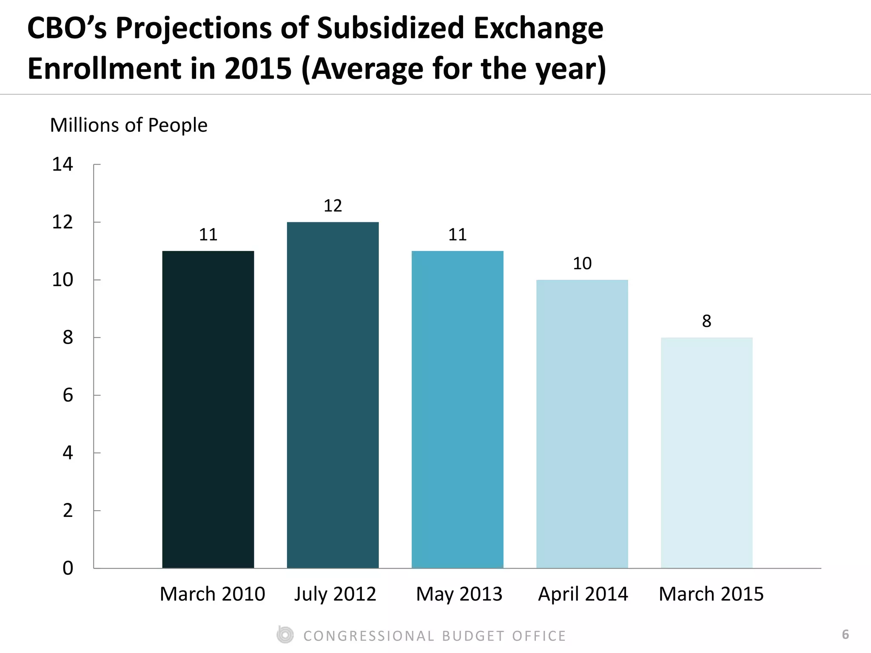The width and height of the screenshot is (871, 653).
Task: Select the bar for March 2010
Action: point(208,409)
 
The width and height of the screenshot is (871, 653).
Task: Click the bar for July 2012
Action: point(333,395)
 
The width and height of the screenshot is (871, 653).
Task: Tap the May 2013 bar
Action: point(457,409)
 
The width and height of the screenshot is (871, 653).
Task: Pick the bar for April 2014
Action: point(582,423)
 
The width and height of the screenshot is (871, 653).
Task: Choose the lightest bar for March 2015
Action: point(706,452)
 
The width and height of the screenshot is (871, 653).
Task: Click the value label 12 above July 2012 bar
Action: point(333,206)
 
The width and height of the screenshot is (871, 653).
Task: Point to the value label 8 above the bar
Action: point(706,321)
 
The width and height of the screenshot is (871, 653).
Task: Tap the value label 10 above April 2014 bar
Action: point(582,264)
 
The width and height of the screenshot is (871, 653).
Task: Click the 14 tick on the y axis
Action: point(62,165)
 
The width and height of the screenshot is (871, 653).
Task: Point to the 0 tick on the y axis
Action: point(68,568)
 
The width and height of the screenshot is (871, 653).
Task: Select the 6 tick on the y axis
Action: point(68,396)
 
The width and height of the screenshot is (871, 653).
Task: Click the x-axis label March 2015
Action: point(711,594)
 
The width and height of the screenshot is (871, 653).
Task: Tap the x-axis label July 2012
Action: point(335,594)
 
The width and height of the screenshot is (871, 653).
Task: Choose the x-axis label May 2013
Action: point(459,594)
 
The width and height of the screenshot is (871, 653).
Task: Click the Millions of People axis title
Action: point(128,125)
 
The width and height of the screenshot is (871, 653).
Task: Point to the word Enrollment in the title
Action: point(105,69)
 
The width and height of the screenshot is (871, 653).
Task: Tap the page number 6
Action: point(845,635)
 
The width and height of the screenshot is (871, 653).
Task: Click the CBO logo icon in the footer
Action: point(285,635)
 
